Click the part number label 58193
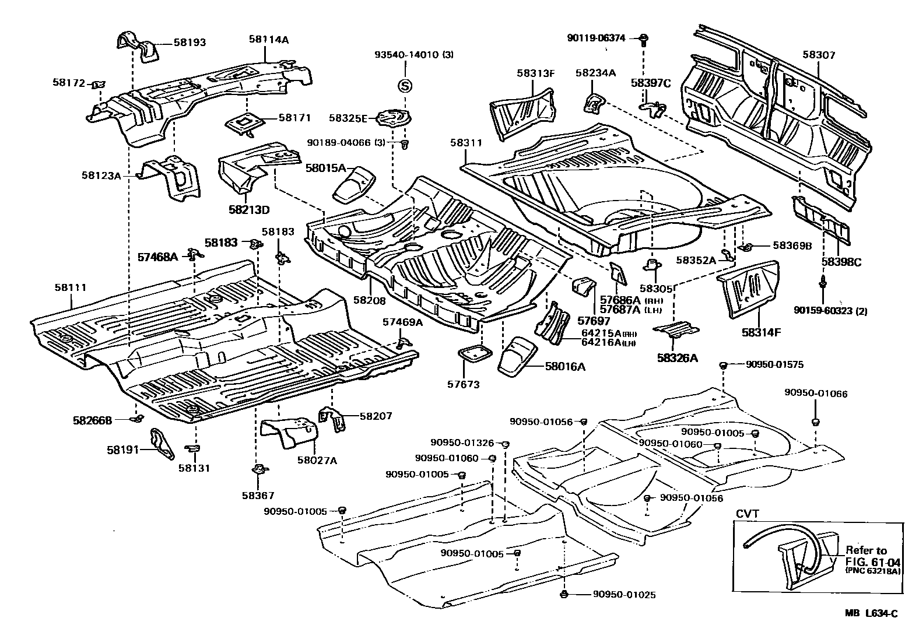tap(190, 43)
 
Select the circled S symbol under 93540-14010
tap(404, 86)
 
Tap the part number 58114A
tap(269, 40)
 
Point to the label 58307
tap(819, 55)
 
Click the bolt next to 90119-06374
tap(643, 40)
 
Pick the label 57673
tap(463, 385)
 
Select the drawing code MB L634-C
tap(872, 613)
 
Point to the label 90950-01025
tap(624, 595)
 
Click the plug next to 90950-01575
tap(722, 365)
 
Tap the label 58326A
tap(677, 358)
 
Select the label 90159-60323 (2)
tap(830, 311)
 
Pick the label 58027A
tap(317, 460)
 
